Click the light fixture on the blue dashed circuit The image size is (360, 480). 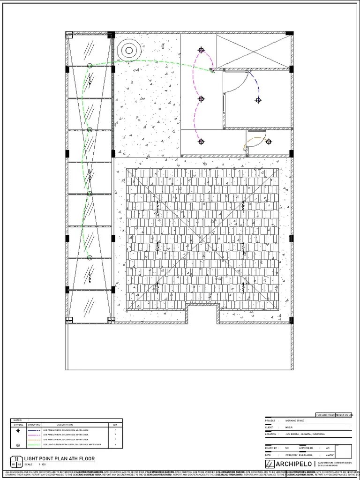click(258, 100)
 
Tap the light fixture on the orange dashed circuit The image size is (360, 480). click(269, 142)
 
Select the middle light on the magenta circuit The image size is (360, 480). click(201, 99)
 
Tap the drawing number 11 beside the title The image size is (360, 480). click(16, 459)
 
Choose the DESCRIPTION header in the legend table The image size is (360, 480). click(64, 425)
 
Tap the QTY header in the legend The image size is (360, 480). click(115, 425)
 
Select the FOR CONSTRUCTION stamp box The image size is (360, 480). click(325, 415)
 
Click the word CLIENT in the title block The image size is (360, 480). click(270, 427)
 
